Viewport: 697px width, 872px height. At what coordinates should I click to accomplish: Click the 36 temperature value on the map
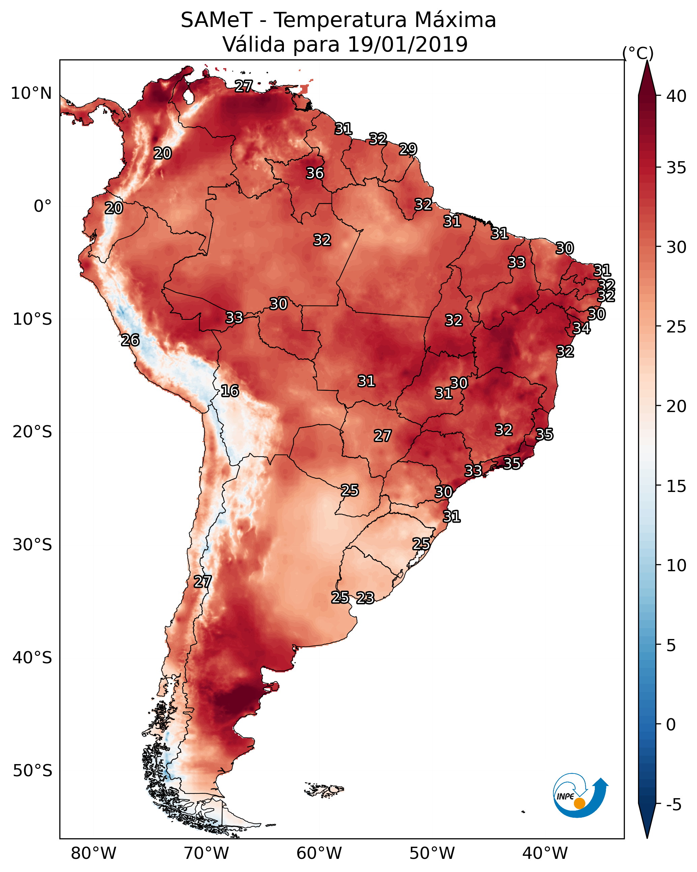(315, 173)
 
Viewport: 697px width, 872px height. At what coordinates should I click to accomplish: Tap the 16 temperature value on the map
(230, 391)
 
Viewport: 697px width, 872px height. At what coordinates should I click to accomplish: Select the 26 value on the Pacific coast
(130, 340)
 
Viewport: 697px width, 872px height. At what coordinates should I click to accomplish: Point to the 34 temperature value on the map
(581, 328)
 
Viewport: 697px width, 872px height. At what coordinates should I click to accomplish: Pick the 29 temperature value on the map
(408, 149)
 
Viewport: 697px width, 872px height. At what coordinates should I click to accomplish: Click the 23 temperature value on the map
(365, 598)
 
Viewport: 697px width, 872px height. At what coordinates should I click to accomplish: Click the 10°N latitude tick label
(31, 93)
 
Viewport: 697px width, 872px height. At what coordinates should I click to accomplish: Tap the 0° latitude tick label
(43, 206)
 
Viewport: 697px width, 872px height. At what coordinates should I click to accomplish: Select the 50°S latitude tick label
(32, 771)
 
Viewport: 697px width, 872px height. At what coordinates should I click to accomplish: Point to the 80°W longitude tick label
(93, 853)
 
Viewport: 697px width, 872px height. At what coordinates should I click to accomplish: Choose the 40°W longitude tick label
(545, 853)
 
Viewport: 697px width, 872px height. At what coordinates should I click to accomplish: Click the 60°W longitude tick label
(319, 853)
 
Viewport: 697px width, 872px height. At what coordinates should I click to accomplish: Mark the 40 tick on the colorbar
(676, 96)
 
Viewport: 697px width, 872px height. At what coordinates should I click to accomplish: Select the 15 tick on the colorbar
(676, 487)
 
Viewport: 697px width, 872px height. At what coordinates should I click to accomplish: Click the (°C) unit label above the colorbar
(638, 53)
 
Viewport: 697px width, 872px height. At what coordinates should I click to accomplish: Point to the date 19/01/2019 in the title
(407, 44)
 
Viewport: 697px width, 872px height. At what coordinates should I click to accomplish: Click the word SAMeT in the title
(216, 20)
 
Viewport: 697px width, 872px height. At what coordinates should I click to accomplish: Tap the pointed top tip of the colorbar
(647, 60)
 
